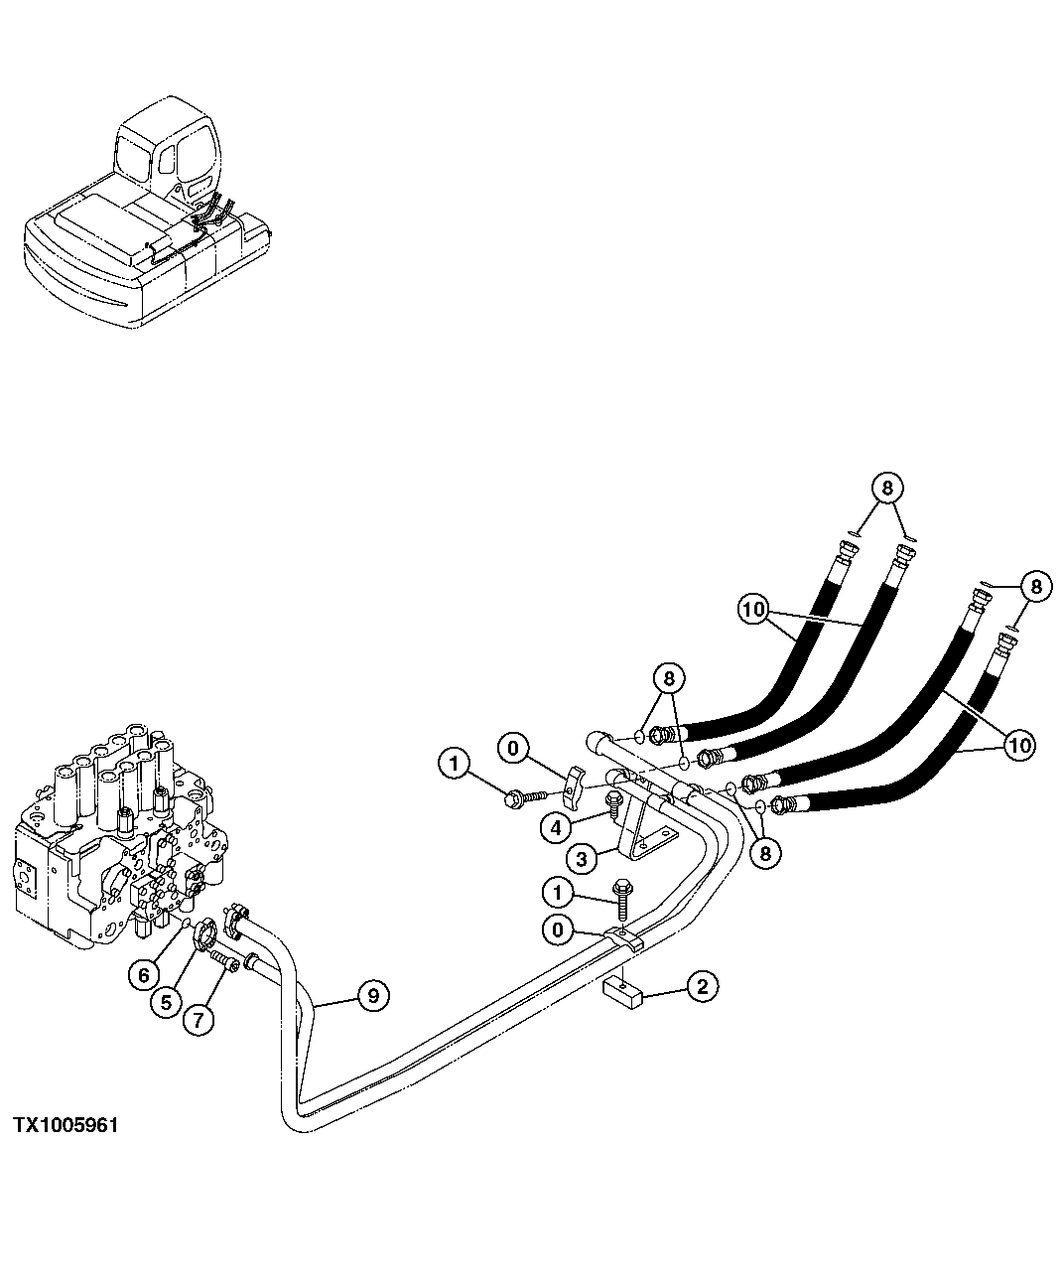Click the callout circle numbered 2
click(702, 987)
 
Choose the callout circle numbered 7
click(197, 1019)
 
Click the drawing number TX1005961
click(66, 1126)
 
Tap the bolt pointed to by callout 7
click(225, 963)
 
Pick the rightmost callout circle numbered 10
click(1020, 744)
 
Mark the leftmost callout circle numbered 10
click(754, 607)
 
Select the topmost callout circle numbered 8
click(887, 488)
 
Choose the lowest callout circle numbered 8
click(765, 853)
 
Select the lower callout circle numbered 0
click(559, 930)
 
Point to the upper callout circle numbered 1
click(455, 764)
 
